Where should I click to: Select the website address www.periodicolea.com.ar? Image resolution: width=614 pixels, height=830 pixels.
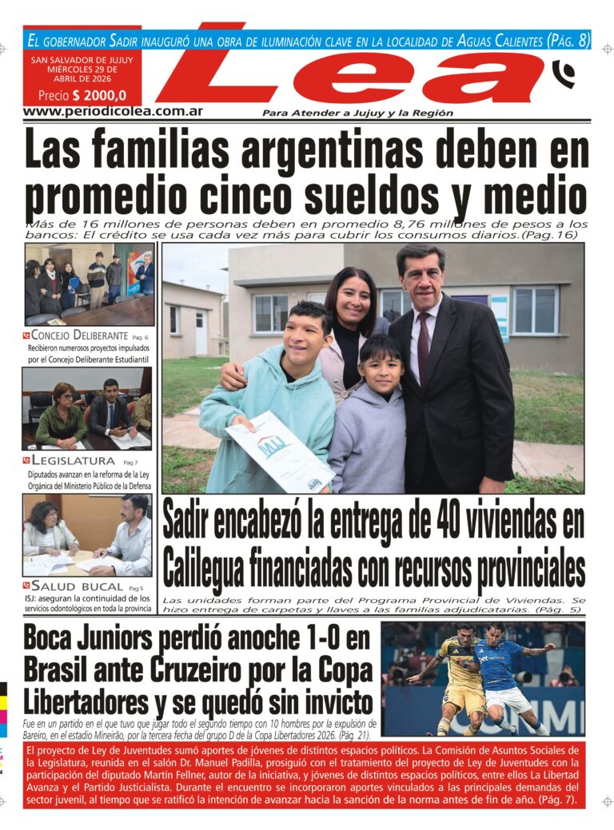pyautogui.click(x=112, y=111)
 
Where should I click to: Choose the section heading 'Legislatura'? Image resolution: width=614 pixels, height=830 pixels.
pyautogui.click(x=73, y=461)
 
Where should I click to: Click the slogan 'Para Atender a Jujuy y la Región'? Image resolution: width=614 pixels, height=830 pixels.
pyautogui.click(x=357, y=113)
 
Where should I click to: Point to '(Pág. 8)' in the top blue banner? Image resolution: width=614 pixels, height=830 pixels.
pyautogui.click(x=568, y=39)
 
